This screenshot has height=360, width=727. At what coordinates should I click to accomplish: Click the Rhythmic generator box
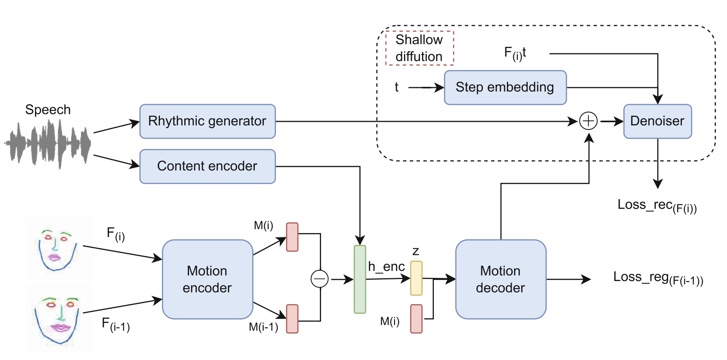coord(207,121)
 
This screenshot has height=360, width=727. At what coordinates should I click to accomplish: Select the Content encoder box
coord(207,166)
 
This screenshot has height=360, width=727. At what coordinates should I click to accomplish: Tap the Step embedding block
coord(505,87)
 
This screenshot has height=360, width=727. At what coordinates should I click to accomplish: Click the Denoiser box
coord(657,121)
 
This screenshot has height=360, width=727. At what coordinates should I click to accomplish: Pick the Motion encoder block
coord(207,279)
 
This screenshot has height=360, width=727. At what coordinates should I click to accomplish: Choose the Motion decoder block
coord(500,279)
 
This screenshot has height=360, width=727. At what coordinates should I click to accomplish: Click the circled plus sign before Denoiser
coord(588,121)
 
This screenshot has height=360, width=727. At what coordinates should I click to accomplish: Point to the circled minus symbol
coord(319,279)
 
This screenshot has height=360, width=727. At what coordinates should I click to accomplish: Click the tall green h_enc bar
coord(360,279)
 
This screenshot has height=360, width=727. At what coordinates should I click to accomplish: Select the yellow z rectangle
coord(416,278)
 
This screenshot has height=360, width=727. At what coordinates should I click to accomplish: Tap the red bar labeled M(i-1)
coord(292,319)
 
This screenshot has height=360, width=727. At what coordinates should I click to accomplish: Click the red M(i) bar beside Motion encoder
coord(292,237)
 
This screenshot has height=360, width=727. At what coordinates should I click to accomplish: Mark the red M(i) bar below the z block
coord(416,319)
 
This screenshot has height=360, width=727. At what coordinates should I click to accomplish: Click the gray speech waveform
coord(48,144)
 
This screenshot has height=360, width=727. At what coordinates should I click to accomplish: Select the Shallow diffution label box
coord(419,48)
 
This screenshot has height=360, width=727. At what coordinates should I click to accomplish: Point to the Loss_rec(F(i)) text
coord(657,206)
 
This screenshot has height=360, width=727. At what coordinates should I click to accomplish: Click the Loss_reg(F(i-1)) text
coord(658,278)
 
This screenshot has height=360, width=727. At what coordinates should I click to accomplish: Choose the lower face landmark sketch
coord(58,318)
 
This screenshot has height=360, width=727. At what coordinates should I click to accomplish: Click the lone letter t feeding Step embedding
coord(397,87)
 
